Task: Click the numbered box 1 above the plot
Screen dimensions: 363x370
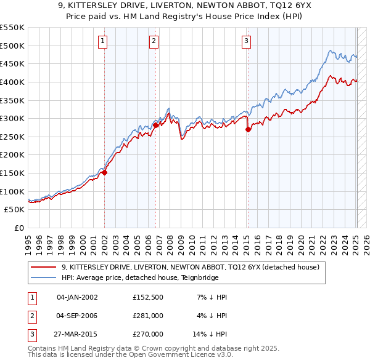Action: click(x=102, y=41)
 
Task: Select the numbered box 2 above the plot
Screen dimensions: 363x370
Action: click(x=154, y=41)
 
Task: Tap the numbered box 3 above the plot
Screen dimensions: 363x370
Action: click(x=246, y=41)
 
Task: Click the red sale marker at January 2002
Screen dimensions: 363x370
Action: click(x=105, y=172)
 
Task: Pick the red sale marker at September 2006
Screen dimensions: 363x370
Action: click(x=156, y=125)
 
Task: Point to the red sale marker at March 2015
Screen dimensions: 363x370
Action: click(x=248, y=129)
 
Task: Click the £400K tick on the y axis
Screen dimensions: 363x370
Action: click(x=12, y=82)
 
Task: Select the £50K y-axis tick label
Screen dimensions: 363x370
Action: click(x=14, y=210)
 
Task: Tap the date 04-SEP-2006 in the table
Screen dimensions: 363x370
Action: click(x=77, y=316)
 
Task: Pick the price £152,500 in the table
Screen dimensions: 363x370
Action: click(x=148, y=297)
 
